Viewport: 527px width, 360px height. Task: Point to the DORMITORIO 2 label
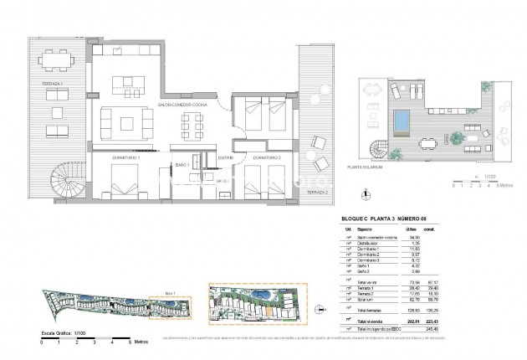(x=265, y=157)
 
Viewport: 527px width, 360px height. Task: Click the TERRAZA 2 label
(x=314, y=192)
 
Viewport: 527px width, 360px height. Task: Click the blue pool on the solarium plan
(x=403, y=123)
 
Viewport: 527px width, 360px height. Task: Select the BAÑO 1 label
(x=180, y=166)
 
